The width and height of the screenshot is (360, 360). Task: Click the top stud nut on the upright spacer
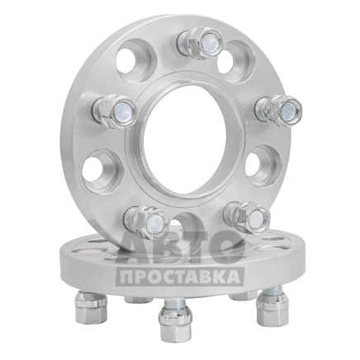point(200,41)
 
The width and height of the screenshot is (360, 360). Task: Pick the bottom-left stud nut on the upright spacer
point(144,221)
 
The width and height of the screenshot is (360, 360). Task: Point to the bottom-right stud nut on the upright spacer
point(247,218)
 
